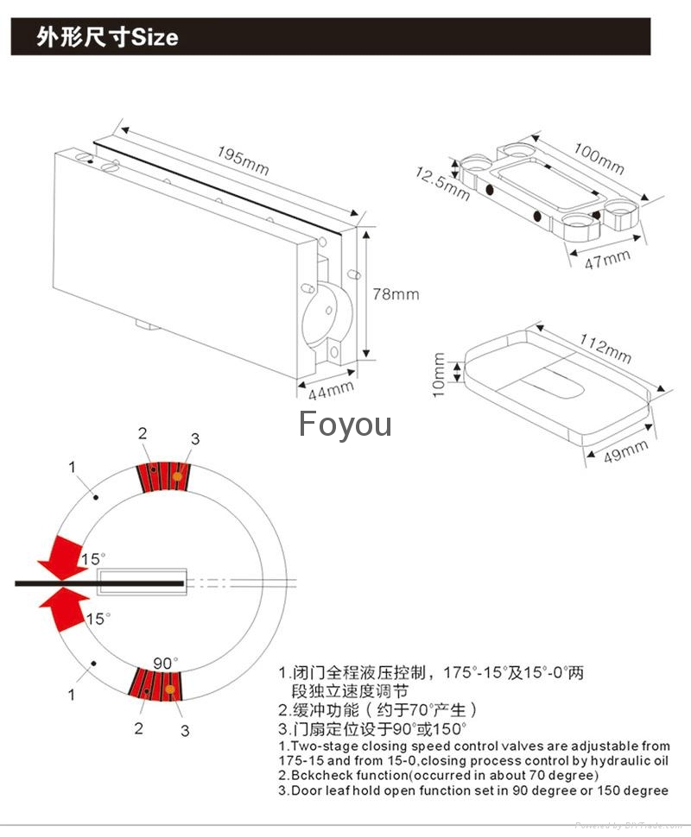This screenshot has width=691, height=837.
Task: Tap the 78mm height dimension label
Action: [x=395, y=294]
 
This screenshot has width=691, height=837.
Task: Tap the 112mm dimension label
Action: [x=605, y=349]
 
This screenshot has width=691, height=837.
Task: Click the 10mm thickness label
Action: [x=439, y=375]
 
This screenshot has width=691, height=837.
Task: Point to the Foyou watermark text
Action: [x=345, y=425]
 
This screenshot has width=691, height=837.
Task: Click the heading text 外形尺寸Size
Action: [x=107, y=38]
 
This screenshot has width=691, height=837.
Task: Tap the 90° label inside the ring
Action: [x=165, y=663]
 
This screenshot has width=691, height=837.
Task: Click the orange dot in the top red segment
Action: [x=176, y=475]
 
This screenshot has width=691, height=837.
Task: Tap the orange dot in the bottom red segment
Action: [x=171, y=689]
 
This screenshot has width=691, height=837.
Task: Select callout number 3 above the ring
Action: [x=194, y=439]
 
